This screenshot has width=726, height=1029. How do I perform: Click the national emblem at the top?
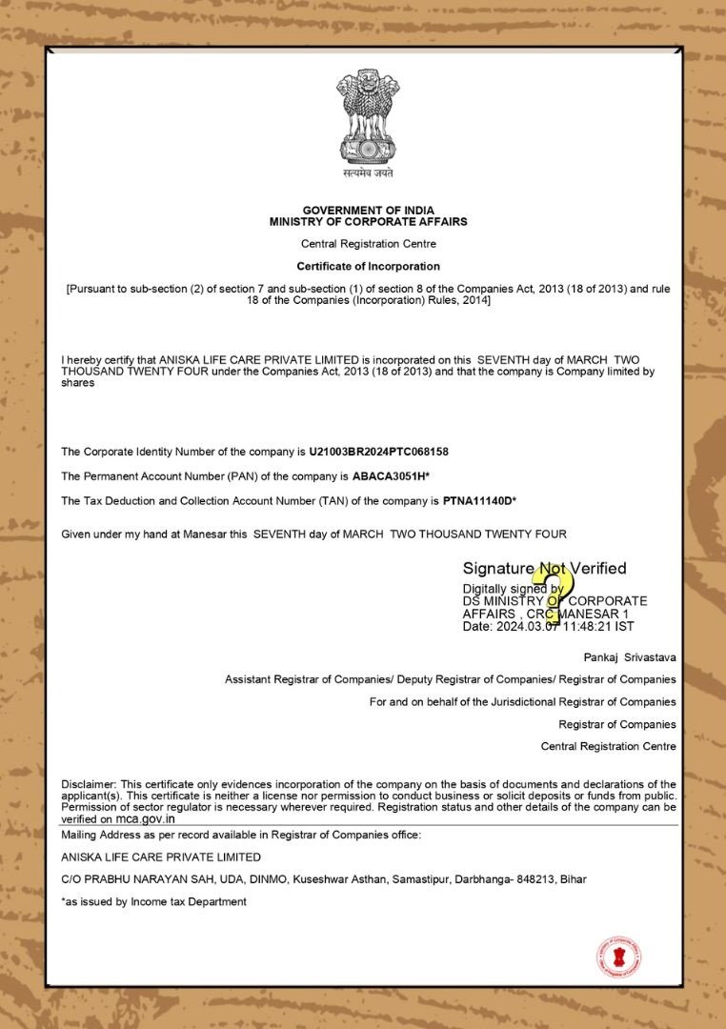(368, 115)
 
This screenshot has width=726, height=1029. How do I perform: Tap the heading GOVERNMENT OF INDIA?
(368, 210)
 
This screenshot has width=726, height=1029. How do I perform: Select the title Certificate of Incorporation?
(368, 267)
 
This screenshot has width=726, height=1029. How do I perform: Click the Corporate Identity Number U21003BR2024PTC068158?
(378, 451)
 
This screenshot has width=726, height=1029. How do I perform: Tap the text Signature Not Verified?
(544, 569)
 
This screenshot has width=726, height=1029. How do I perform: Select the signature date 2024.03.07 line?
(548, 627)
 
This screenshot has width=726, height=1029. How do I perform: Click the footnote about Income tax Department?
(154, 901)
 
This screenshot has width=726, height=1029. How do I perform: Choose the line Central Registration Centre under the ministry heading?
(368, 244)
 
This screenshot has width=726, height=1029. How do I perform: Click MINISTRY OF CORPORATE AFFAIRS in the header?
(368, 221)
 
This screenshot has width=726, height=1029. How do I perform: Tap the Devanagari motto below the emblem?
(368, 173)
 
